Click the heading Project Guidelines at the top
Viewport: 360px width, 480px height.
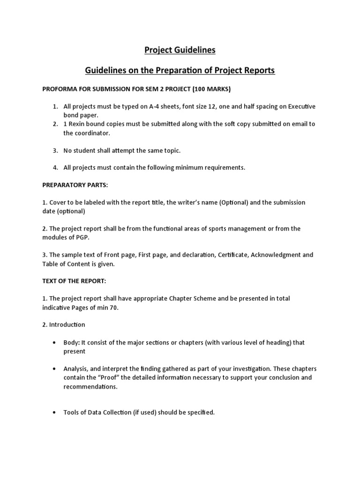click(x=180, y=50)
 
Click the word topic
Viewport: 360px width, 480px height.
click(x=170, y=150)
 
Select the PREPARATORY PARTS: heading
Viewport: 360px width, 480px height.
click(x=75, y=185)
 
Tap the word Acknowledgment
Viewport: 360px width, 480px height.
click(x=277, y=255)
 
